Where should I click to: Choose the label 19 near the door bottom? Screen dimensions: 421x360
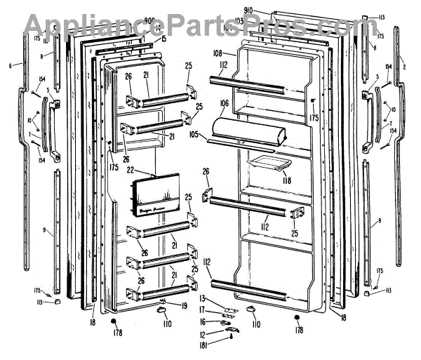click(x=183, y=305)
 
